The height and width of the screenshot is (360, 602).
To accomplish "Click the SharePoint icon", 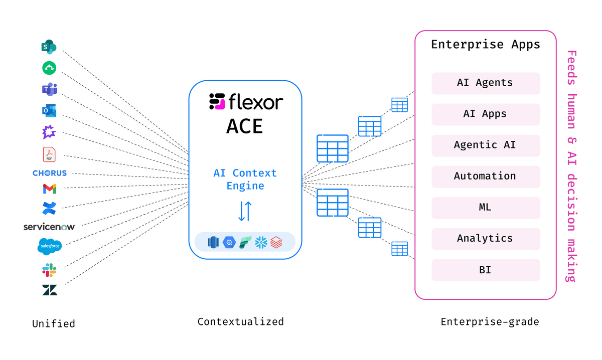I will tap(49, 47).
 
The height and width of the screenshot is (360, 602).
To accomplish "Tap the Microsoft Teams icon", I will tap(49, 89).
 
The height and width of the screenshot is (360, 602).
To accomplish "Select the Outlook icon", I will tap(49, 111).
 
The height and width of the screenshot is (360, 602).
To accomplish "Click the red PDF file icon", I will tap(49, 154).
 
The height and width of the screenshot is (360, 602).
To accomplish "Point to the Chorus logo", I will tap(49, 173).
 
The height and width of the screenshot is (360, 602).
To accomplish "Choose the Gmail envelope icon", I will tap(49, 189).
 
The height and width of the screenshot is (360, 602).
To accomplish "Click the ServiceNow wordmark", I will tap(49, 227).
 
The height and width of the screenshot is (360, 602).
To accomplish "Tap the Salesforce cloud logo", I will tap(49, 246).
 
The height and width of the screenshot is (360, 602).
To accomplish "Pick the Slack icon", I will tap(49, 271).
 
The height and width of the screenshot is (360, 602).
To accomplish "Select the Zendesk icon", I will tap(49, 290).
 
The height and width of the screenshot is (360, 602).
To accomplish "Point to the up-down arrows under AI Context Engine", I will tap(245, 211).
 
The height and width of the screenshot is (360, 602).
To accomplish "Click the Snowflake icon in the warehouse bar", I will tap(261, 243).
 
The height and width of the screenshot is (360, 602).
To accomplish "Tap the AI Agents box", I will tap(485, 83).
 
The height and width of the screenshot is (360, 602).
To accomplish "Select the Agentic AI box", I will tap(485, 145).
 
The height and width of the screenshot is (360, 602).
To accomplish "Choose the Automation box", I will tap(485, 176).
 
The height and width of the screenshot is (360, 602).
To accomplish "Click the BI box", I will tap(485, 270).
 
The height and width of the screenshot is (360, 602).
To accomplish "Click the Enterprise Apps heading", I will tap(485, 45).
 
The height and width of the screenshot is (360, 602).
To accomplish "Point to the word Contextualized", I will tap(240, 321).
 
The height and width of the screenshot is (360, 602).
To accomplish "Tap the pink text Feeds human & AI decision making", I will tap(571, 165).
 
